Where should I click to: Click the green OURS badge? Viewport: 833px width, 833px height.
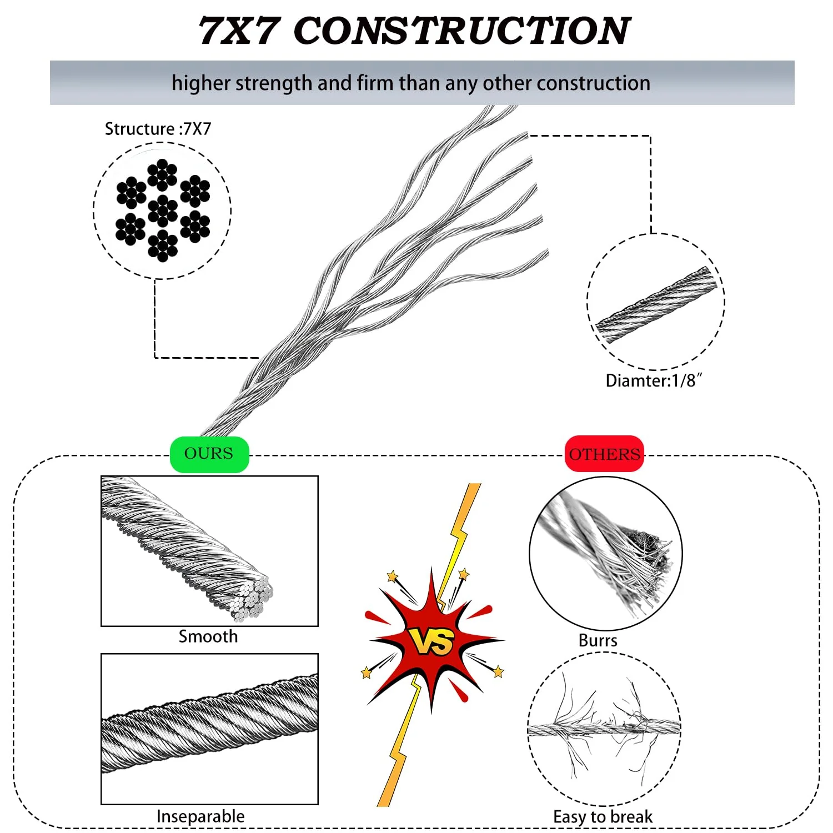click(209, 454)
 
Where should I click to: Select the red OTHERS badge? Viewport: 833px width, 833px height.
click(605, 454)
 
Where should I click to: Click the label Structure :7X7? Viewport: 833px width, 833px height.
click(158, 129)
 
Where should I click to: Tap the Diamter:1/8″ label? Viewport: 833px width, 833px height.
click(654, 381)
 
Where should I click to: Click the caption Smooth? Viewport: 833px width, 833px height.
click(208, 636)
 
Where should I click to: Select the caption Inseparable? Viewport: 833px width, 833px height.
click(200, 816)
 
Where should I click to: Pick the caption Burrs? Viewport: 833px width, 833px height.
click(598, 640)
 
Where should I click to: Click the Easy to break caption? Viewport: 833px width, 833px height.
click(603, 817)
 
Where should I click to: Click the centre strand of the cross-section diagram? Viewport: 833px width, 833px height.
click(163, 210)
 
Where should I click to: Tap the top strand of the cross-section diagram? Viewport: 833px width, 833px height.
click(162, 175)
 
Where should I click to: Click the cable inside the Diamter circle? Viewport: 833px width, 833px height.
click(656, 304)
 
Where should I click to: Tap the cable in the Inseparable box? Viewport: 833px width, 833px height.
click(210, 723)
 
